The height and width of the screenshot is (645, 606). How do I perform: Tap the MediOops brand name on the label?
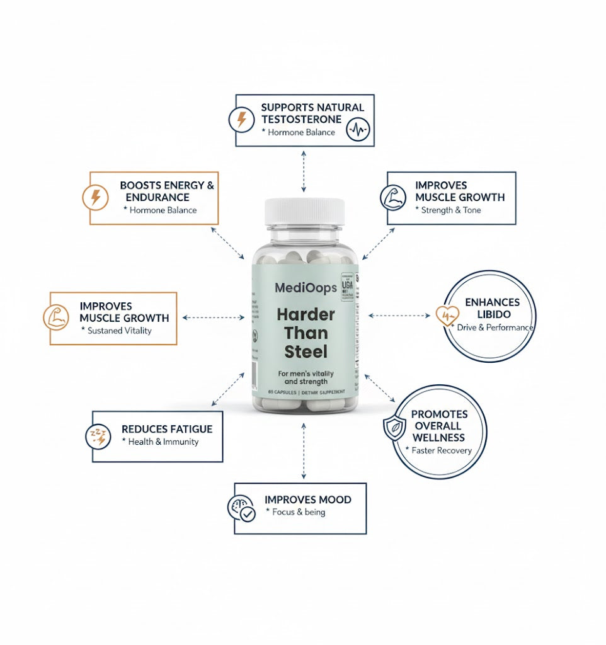coord(306,288)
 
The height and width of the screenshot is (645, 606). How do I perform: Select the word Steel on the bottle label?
coord(306,351)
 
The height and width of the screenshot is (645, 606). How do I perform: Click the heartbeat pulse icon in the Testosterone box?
coord(358,130)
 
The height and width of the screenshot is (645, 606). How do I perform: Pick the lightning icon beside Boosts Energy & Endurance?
coord(96,198)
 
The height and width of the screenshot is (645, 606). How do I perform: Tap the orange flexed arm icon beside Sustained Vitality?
coord(55,317)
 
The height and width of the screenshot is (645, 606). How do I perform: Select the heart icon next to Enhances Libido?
coord(448,314)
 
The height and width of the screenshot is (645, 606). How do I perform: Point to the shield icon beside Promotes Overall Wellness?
coord(394,427)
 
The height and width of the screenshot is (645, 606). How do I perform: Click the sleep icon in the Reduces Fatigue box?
coord(98,436)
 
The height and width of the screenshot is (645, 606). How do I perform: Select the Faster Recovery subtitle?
coord(440,450)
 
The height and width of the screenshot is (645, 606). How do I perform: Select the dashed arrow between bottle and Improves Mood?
coord(304,451)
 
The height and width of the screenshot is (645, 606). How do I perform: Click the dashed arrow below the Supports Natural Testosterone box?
coord(304,171)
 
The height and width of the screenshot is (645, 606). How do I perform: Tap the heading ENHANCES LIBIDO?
coord(492,308)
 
